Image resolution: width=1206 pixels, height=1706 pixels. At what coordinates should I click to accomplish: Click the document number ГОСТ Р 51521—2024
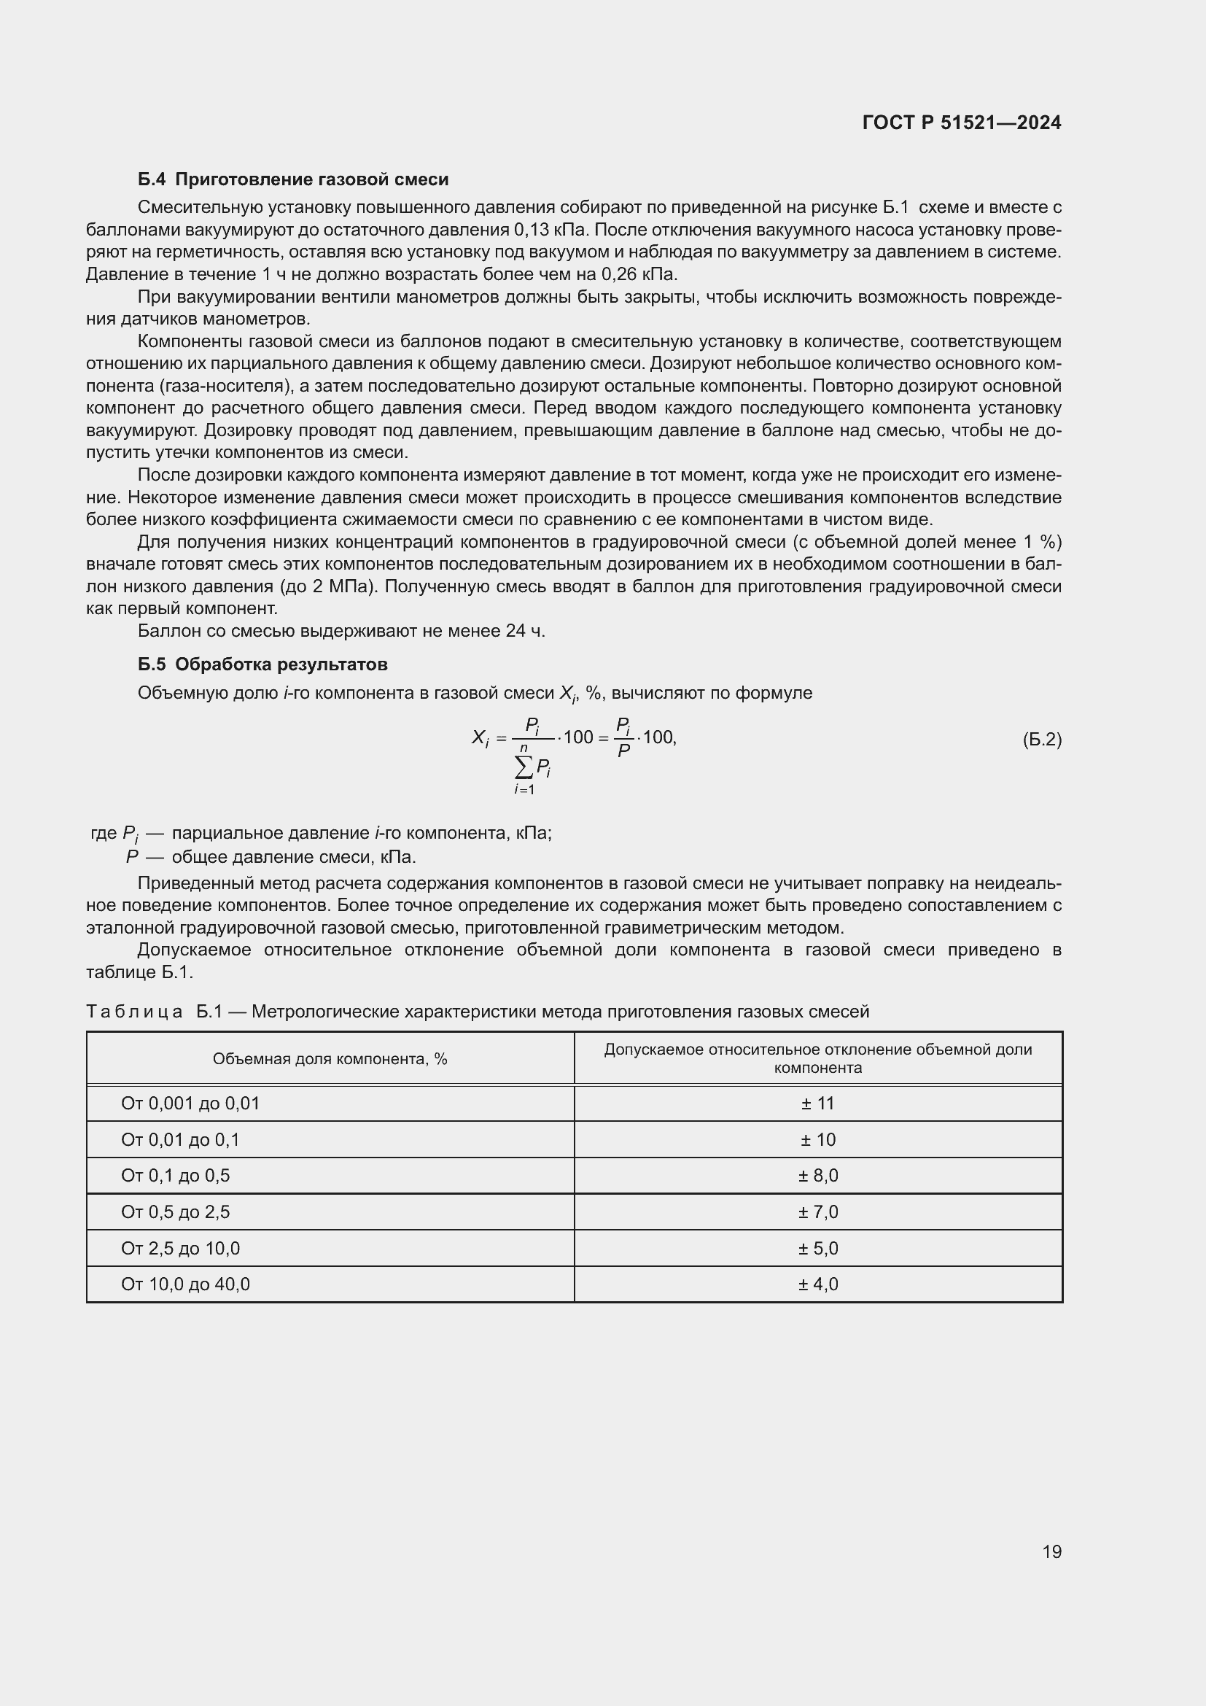coord(961,123)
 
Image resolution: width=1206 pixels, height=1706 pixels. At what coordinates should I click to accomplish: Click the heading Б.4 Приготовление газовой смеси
coord(292,179)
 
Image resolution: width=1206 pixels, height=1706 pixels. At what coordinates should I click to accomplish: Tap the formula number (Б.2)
coord(1042,740)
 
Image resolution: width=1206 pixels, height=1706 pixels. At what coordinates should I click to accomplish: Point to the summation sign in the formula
coord(524,766)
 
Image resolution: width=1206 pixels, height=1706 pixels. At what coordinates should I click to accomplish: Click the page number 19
coord(1051,1551)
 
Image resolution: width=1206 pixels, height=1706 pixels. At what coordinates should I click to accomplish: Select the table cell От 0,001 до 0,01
coord(190,1104)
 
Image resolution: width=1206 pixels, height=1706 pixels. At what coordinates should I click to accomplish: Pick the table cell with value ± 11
coord(817,1104)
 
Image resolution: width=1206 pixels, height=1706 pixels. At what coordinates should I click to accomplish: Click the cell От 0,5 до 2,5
coord(175,1212)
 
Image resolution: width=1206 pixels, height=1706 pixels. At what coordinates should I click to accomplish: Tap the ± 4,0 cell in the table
coord(817,1284)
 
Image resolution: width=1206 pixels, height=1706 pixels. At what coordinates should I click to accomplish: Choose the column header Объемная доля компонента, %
coord(330,1059)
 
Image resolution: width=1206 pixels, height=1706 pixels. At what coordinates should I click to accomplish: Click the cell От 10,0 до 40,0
coord(185,1284)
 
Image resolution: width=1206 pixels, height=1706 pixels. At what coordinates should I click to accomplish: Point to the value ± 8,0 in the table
coord(817,1176)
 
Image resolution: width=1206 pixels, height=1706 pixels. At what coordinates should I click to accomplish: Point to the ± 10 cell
coord(817,1140)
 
